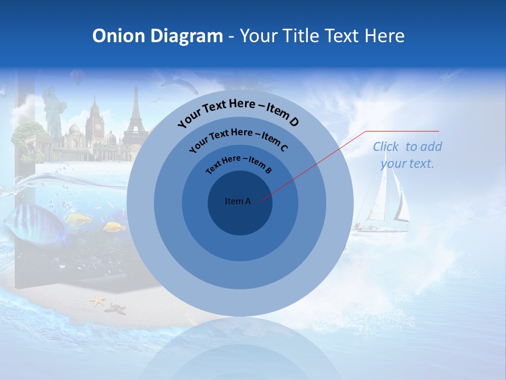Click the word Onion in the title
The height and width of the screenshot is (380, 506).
119,36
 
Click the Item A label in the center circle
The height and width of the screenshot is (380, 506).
238,201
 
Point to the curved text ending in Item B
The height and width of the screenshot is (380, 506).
239,164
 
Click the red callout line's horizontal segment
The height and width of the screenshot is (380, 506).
403,131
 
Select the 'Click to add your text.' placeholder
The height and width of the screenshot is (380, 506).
407,155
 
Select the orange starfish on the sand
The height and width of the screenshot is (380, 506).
98,301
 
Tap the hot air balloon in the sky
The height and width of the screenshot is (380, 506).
77,77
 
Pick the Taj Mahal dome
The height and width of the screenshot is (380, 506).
74,130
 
